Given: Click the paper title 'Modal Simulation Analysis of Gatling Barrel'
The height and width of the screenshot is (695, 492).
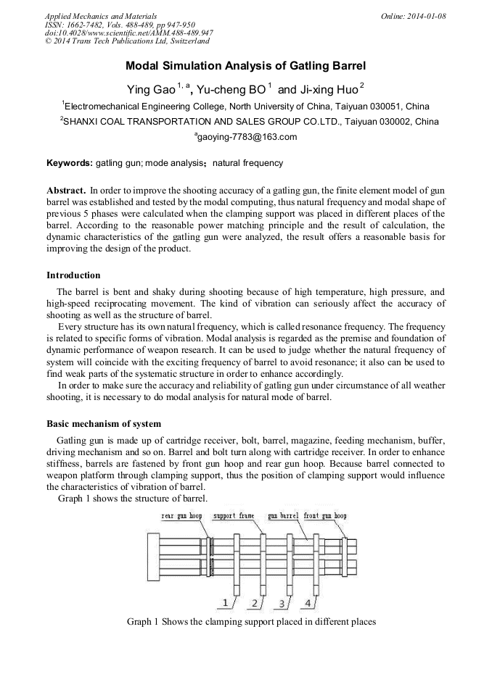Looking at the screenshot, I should pos(245,65).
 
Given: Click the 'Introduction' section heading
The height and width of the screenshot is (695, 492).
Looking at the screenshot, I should pos(73,275).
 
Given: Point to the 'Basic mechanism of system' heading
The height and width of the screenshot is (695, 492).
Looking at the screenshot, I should pos(104,424).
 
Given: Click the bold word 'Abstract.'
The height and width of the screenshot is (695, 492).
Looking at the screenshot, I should pos(66,189).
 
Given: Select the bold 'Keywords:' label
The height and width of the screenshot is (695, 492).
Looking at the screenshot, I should pos(69,163).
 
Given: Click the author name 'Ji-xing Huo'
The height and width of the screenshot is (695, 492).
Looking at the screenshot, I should pos(329,89).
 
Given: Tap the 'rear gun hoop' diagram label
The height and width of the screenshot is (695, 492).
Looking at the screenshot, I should pos(181,516).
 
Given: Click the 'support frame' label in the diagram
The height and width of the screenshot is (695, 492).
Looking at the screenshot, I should pos(234,516).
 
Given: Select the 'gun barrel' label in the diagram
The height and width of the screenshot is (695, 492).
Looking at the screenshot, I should pos(283,516).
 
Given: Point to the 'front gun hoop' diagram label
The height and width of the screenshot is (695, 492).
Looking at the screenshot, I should pos(325,516).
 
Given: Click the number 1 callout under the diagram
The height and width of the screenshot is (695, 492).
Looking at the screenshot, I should pos(226,603).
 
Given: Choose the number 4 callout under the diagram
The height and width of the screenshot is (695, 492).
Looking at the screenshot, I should pos(308,603).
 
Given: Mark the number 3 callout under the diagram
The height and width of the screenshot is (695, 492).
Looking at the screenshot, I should pos(281,603).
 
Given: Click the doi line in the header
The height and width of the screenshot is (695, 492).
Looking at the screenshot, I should pos(128,33).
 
